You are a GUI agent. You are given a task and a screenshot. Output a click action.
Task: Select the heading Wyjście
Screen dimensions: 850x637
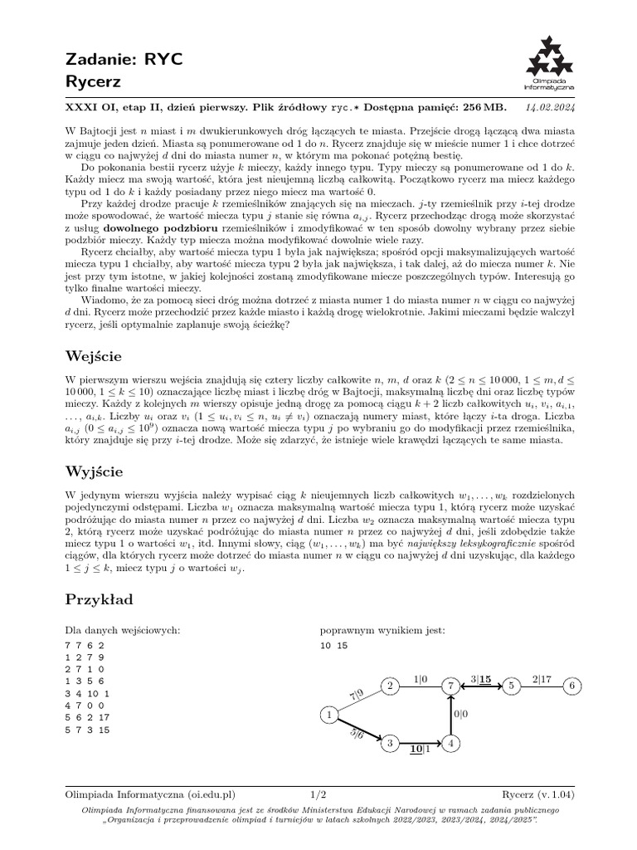click(95, 471)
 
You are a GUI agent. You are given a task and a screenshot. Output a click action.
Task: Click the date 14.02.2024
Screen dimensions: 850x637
click(555, 107)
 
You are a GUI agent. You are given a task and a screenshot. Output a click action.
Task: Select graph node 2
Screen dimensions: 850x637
click(389, 686)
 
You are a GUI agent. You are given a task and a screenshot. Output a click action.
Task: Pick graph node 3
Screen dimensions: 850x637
click(389, 744)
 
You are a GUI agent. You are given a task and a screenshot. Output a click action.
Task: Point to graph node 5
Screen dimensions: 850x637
click(511, 686)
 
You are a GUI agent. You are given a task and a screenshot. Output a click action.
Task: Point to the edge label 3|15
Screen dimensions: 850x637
click(481, 678)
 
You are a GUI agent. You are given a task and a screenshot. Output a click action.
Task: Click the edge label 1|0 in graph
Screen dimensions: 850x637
click(420, 678)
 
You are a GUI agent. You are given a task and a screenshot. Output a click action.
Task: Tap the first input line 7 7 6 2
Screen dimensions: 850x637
click(84, 644)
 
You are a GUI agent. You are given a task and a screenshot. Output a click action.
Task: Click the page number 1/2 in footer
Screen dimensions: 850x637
click(318, 794)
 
